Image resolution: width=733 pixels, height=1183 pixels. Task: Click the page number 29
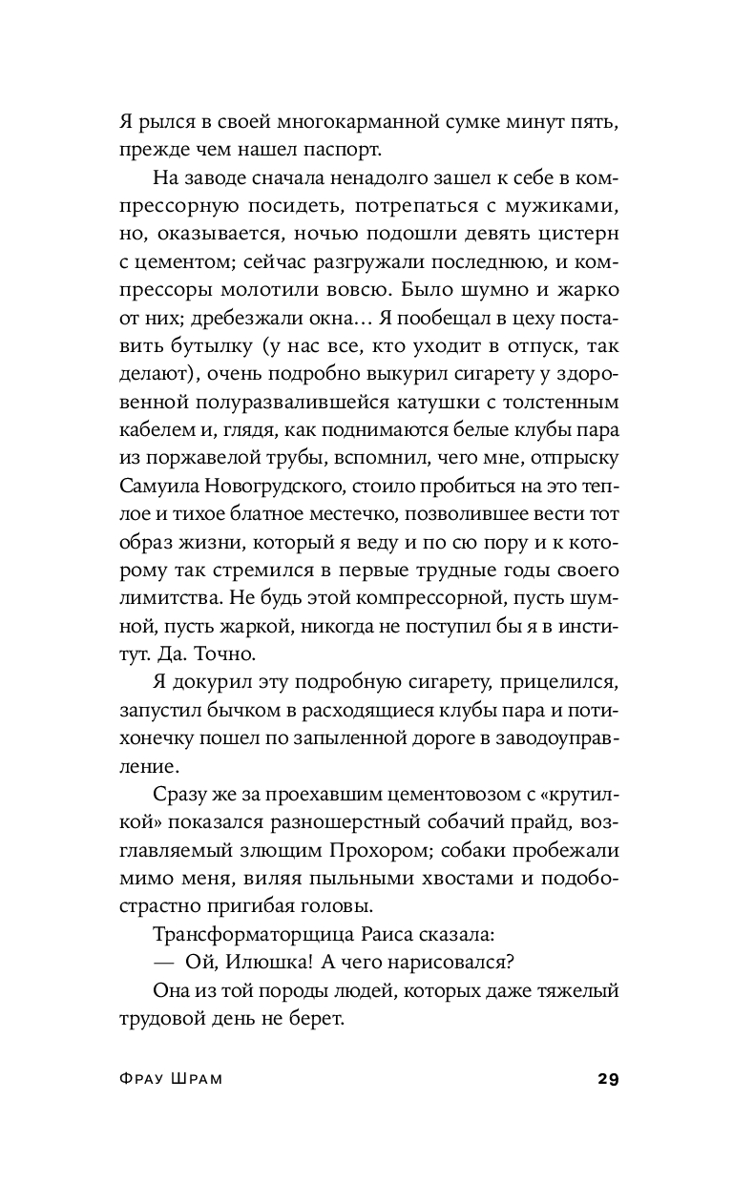608,1079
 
